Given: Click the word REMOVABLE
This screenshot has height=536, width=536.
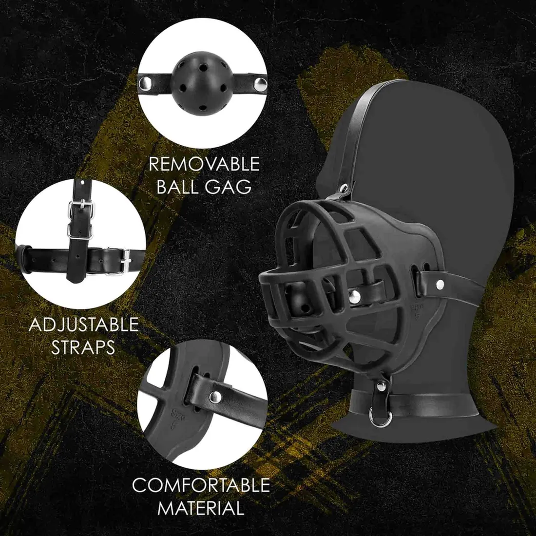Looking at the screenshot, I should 204,164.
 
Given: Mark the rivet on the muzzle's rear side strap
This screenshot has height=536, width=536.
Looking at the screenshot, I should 439,282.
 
